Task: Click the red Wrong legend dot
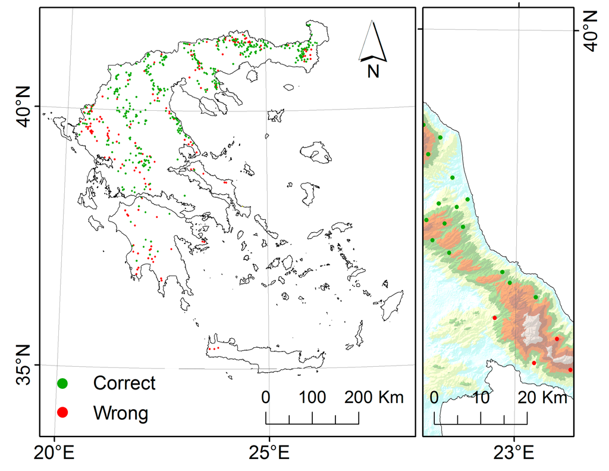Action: coord(62,412)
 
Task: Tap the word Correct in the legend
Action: coord(124,383)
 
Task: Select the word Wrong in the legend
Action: coord(120,412)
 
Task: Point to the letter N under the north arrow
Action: coord(373,71)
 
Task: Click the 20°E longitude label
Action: coord(54,454)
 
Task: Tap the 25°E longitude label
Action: coord(269,454)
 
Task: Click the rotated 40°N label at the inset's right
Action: coord(591,30)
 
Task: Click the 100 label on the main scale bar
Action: coord(312,397)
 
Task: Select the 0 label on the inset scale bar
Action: coord(434,397)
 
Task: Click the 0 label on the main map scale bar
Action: coord(266,397)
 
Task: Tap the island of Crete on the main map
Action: coord(268,356)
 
